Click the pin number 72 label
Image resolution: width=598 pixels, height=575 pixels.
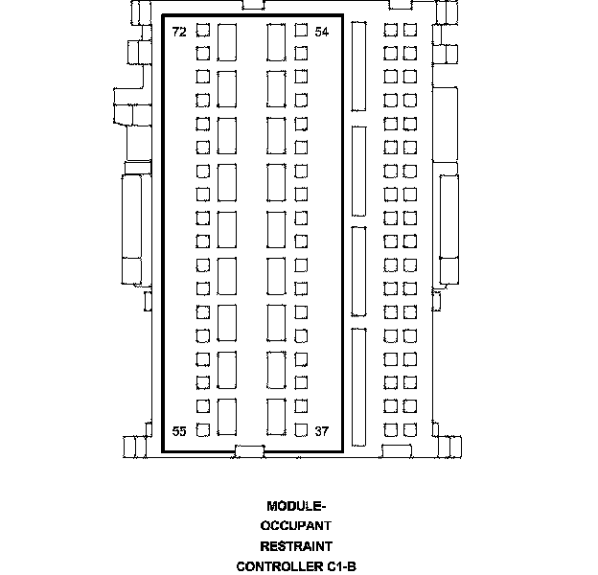pyautogui.click(x=179, y=32)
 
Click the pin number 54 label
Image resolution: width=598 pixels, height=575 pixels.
pyautogui.click(x=321, y=32)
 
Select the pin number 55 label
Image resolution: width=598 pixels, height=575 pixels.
pyautogui.click(x=179, y=431)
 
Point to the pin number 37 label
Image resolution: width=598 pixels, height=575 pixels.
pyautogui.click(x=321, y=431)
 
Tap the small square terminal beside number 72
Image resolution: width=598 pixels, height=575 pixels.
pyautogui.click(x=203, y=30)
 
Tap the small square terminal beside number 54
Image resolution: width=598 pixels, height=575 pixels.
pyautogui.click(x=301, y=30)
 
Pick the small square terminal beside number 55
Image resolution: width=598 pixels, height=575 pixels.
pyautogui.click(x=203, y=430)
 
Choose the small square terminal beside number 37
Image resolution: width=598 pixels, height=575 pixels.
pyautogui.click(x=301, y=430)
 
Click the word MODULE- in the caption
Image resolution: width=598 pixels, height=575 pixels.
pyautogui.click(x=296, y=506)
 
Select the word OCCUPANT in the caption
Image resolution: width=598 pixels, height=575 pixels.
pyautogui.click(x=296, y=526)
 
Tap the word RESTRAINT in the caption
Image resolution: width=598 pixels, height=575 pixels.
pyautogui.click(x=296, y=546)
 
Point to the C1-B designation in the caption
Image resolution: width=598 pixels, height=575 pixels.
pyautogui.click(x=342, y=566)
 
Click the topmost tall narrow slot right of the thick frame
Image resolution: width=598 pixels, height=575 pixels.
pyautogui.click(x=358, y=67)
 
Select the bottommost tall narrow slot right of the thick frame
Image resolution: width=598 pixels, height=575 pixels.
pyautogui.click(x=358, y=387)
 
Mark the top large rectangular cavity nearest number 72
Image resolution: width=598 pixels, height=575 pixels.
pyautogui.click(x=227, y=42)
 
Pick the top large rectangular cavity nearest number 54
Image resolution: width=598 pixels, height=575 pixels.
pyautogui.click(x=277, y=42)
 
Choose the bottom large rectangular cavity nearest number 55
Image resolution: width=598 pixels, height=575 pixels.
pyautogui.click(x=227, y=417)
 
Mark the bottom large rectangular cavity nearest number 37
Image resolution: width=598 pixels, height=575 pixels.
pyautogui.click(x=277, y=417)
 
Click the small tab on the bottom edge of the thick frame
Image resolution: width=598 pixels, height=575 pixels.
pyautogui.click(x=249, y=451)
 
